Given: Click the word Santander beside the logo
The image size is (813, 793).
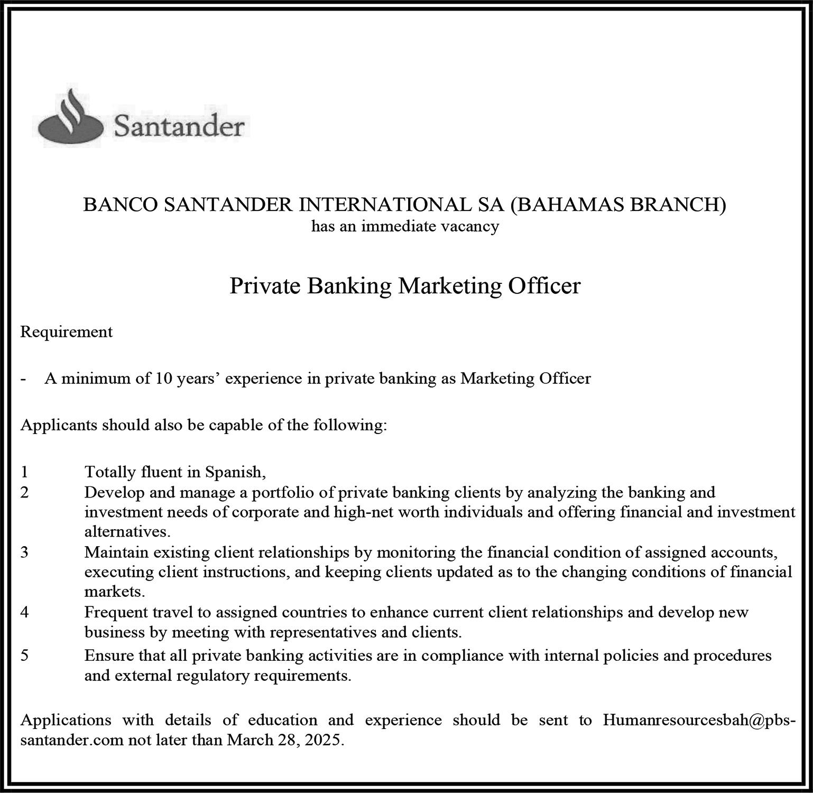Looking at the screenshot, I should (179, 127).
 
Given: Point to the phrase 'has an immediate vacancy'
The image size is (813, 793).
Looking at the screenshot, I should (405, 227).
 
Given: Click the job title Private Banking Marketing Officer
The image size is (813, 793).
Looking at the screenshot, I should (405, 286).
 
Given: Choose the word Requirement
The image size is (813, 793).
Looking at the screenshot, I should (66, 332).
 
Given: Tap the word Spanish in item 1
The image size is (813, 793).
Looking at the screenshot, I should (234, 471).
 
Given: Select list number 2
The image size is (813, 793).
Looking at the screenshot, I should (24, 493).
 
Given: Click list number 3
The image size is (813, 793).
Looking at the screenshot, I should (24, 552).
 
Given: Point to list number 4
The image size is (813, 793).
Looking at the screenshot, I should (24, 612).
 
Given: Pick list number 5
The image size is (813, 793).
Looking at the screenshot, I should (24, 656).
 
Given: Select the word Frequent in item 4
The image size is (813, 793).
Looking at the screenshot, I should (116, 612).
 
